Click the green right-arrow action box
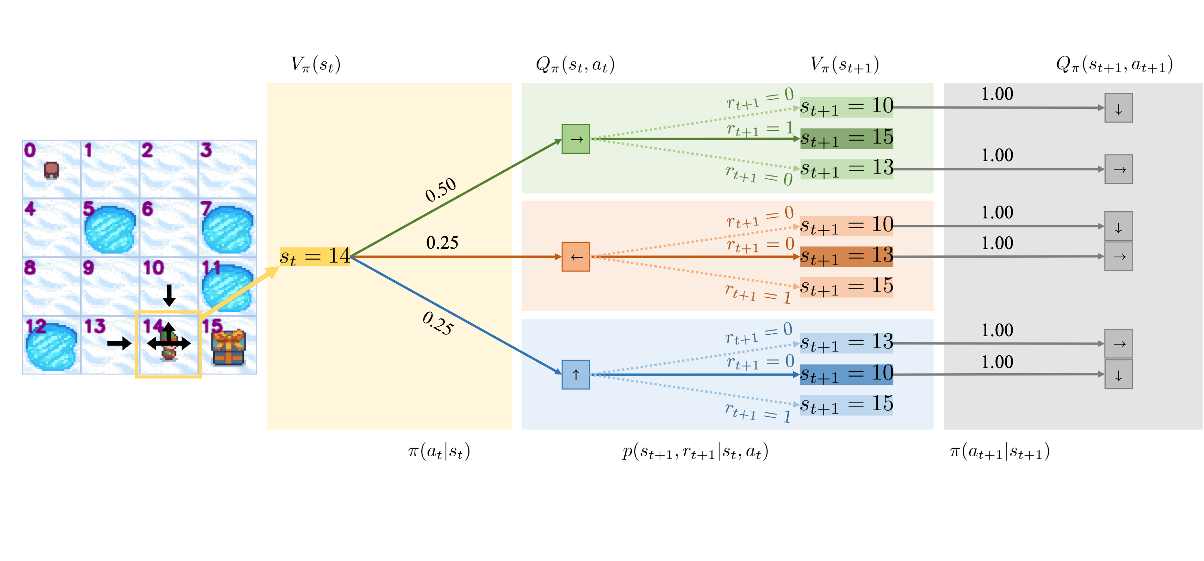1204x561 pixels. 575,139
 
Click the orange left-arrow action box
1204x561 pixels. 575,257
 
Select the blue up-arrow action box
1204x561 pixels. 575,374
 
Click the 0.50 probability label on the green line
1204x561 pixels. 440,190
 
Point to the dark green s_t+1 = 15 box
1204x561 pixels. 846,138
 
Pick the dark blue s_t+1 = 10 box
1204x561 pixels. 846,374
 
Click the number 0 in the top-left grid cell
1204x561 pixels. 30,150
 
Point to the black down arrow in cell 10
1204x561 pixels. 169,295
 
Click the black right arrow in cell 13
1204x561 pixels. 119,343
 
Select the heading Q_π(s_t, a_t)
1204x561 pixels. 575,64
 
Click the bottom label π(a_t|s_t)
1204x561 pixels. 439,452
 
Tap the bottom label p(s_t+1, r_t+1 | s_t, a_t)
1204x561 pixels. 695,452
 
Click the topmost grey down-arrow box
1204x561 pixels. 1118,108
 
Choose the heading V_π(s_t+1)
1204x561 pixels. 844,64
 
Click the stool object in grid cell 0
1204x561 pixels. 51,170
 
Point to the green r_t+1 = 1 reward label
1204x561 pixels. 760,128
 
